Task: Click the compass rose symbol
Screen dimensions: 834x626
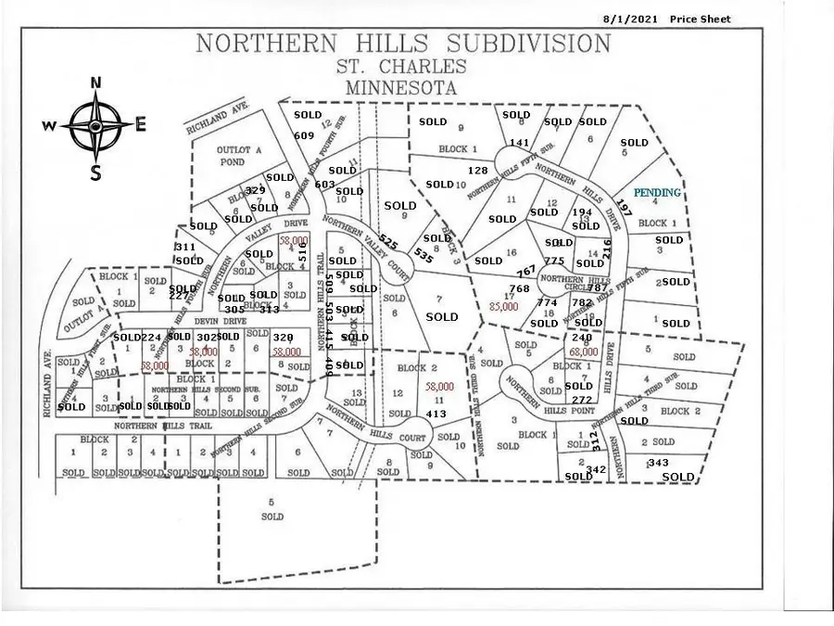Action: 95,127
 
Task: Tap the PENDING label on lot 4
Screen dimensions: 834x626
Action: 657,193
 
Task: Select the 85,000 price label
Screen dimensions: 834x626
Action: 504,305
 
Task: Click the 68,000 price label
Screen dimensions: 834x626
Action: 584,352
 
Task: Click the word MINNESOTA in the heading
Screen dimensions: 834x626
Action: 402,88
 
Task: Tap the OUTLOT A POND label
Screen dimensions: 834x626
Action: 232,155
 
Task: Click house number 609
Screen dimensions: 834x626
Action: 305,135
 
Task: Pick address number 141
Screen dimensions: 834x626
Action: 519,143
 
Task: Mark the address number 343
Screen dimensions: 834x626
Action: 658,462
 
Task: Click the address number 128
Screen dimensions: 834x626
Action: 477,171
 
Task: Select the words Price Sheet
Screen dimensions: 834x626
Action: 701,19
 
